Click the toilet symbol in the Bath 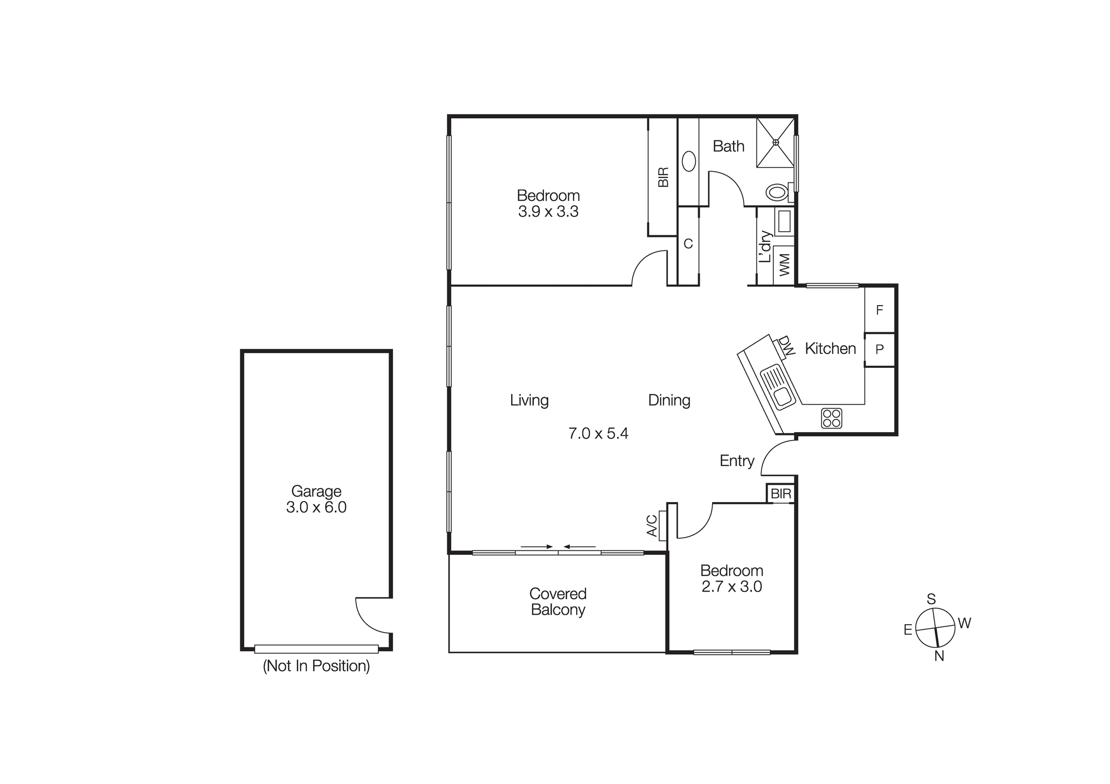coord(777,193)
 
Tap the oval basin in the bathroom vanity coord(689,161)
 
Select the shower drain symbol coord(776,143)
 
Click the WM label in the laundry coord(784,265)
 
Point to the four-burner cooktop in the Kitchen coord(831,418)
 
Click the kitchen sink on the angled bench coord(778,387)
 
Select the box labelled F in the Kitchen coord(880,310)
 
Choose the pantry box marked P coord(880,350)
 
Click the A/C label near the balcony coord(652,526)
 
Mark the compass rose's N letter coord(939,656)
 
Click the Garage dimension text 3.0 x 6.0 coord(316,507)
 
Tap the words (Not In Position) coord(316,666)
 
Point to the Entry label coord(737,461)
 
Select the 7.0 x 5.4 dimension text coord(598,433)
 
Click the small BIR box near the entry coord(781,494)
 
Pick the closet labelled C coord(688,244)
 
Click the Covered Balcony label coord(558,602)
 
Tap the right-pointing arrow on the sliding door coord(537,547)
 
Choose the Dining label coord(669,400)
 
